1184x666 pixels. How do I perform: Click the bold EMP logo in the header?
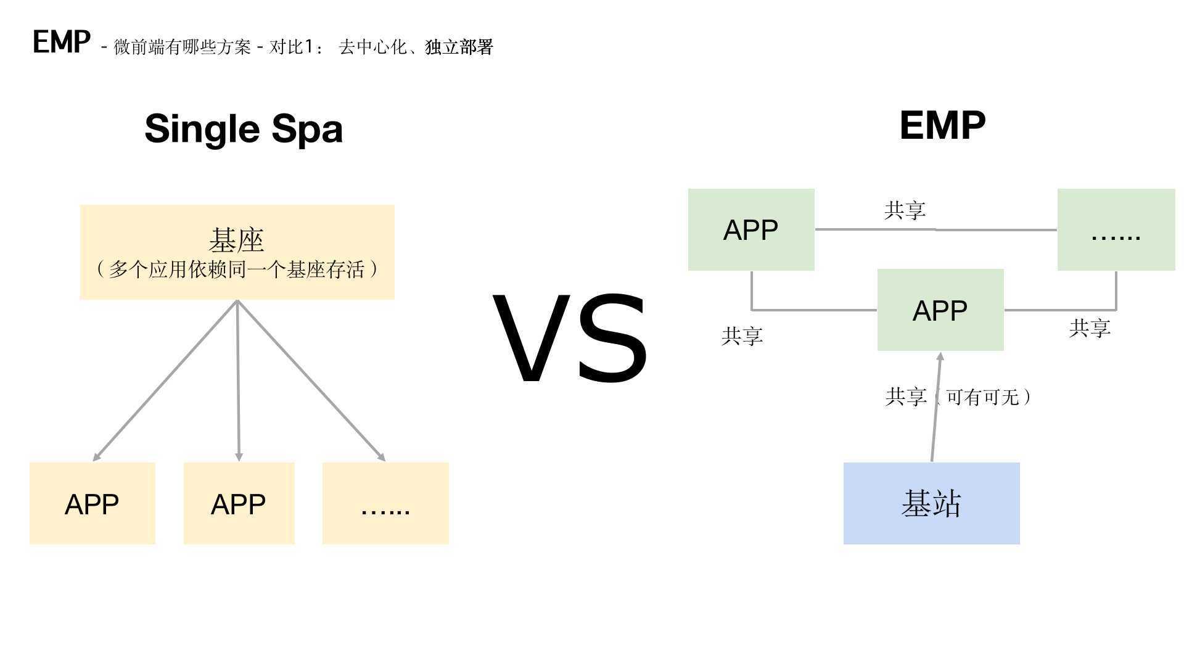pyautogui.click(x=62, y=43)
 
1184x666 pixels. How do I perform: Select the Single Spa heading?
pyautogui.click(x=244, y=129)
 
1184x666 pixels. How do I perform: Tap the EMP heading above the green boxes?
pyautogui.click(x=942, y=126)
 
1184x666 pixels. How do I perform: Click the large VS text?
pyautogui.click(x=570, y=339)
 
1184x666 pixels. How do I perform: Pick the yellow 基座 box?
pyautogui.click(x=237, y=252)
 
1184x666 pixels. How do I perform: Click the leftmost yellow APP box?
pyautogui.click(x=92, y=503)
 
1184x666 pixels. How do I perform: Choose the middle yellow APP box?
pyautogui.click(x=239, y=503)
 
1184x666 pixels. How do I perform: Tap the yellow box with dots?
pyautogui.click(x=385, y=503)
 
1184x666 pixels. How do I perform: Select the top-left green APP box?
pyautogui.click(x=751, y=229)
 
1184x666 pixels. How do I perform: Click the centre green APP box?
pyautogui.click(x=940, y=310)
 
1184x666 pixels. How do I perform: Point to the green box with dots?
pyautogui.click(x=1116, y=229)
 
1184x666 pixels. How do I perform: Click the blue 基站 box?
pyautogui.click(x=931, y=503)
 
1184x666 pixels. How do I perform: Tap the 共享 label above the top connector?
pyautogui.click(x=905, y=210)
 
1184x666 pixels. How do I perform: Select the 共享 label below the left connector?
pyautogui.click(x=742, y=336)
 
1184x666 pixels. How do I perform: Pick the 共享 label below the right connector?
pyautogui.click(x=1090, y=328)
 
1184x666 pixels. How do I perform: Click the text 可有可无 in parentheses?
pyautogui.click(x=982, y=397)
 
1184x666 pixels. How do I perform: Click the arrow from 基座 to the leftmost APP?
pyautogui.click(x=165, y=380)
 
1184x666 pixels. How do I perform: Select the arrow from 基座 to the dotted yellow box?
pyautogui.click(x=311, y=380)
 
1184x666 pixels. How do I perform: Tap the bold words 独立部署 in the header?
pyautogui.click(x=459, y=47)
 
